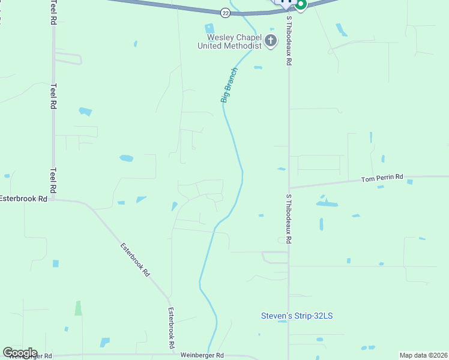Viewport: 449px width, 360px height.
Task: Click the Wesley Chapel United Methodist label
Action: tap(231, 41)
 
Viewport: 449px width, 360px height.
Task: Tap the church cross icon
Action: tap(271, 41)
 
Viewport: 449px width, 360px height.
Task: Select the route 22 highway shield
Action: tap(225, 12)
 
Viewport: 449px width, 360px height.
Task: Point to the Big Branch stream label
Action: tap(230, 85)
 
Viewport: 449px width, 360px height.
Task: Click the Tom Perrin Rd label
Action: tap(382, 179)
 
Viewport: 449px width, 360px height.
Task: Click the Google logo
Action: tap(20, 353)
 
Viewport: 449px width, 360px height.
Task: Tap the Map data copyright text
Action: tap(423, 355)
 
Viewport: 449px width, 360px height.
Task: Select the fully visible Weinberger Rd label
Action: tap(202, 355)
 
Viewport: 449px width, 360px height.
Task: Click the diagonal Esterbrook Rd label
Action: tap(134, 259)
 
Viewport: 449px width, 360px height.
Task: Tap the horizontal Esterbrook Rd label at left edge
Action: tap(23, 198)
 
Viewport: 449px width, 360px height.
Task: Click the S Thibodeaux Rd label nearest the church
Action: tap(289, 41)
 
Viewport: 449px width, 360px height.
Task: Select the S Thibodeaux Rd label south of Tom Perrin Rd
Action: tap(289, 218)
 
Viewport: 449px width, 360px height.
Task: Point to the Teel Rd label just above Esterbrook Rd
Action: tap(53, 179)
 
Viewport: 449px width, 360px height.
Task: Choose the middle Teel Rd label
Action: tap(53, 95)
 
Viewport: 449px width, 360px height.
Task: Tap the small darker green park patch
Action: tap(78, 308)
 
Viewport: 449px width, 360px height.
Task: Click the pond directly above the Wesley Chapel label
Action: tap(209, 28)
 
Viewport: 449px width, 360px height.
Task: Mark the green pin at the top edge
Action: tap(300, 4)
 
